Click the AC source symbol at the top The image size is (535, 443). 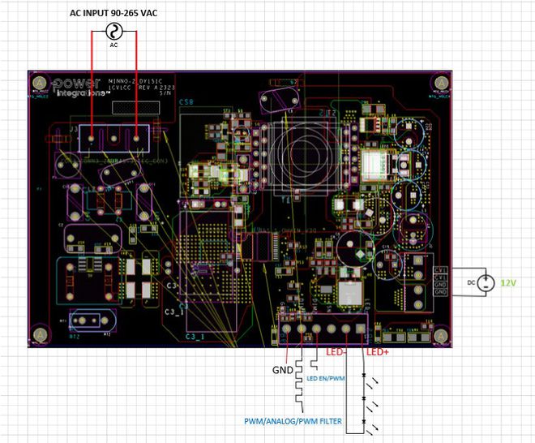pyautogui.click(x=113, y=32)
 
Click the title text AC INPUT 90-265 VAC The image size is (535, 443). pyautogui.click(x=114, y=14)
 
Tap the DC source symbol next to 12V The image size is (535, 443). pyautogui.click(x=485, y=282)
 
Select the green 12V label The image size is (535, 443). pyautogui.click(x=508, y=282)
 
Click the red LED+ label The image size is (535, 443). pyautogui.click(x=377, y=352)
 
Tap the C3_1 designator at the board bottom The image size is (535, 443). pyautogui.click(x=195, y=336)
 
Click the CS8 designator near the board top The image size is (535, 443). pyautogui.click(x=186, y=103)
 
